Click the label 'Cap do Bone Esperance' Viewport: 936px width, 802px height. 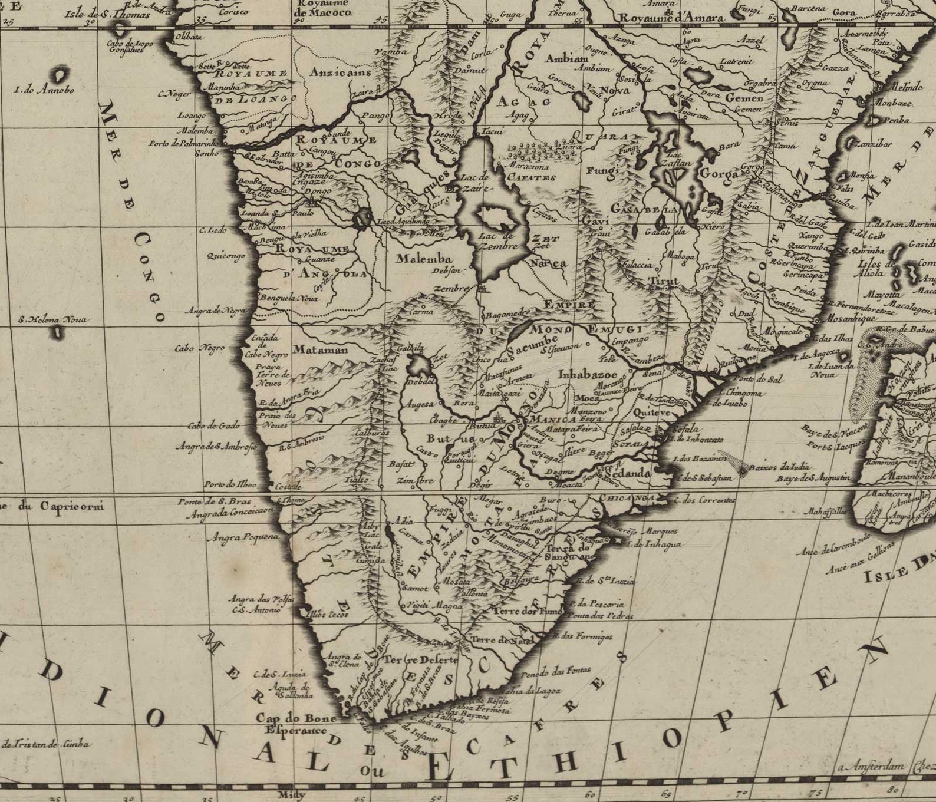tap(295, 724)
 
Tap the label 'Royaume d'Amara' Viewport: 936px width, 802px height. tap(671, 18)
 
